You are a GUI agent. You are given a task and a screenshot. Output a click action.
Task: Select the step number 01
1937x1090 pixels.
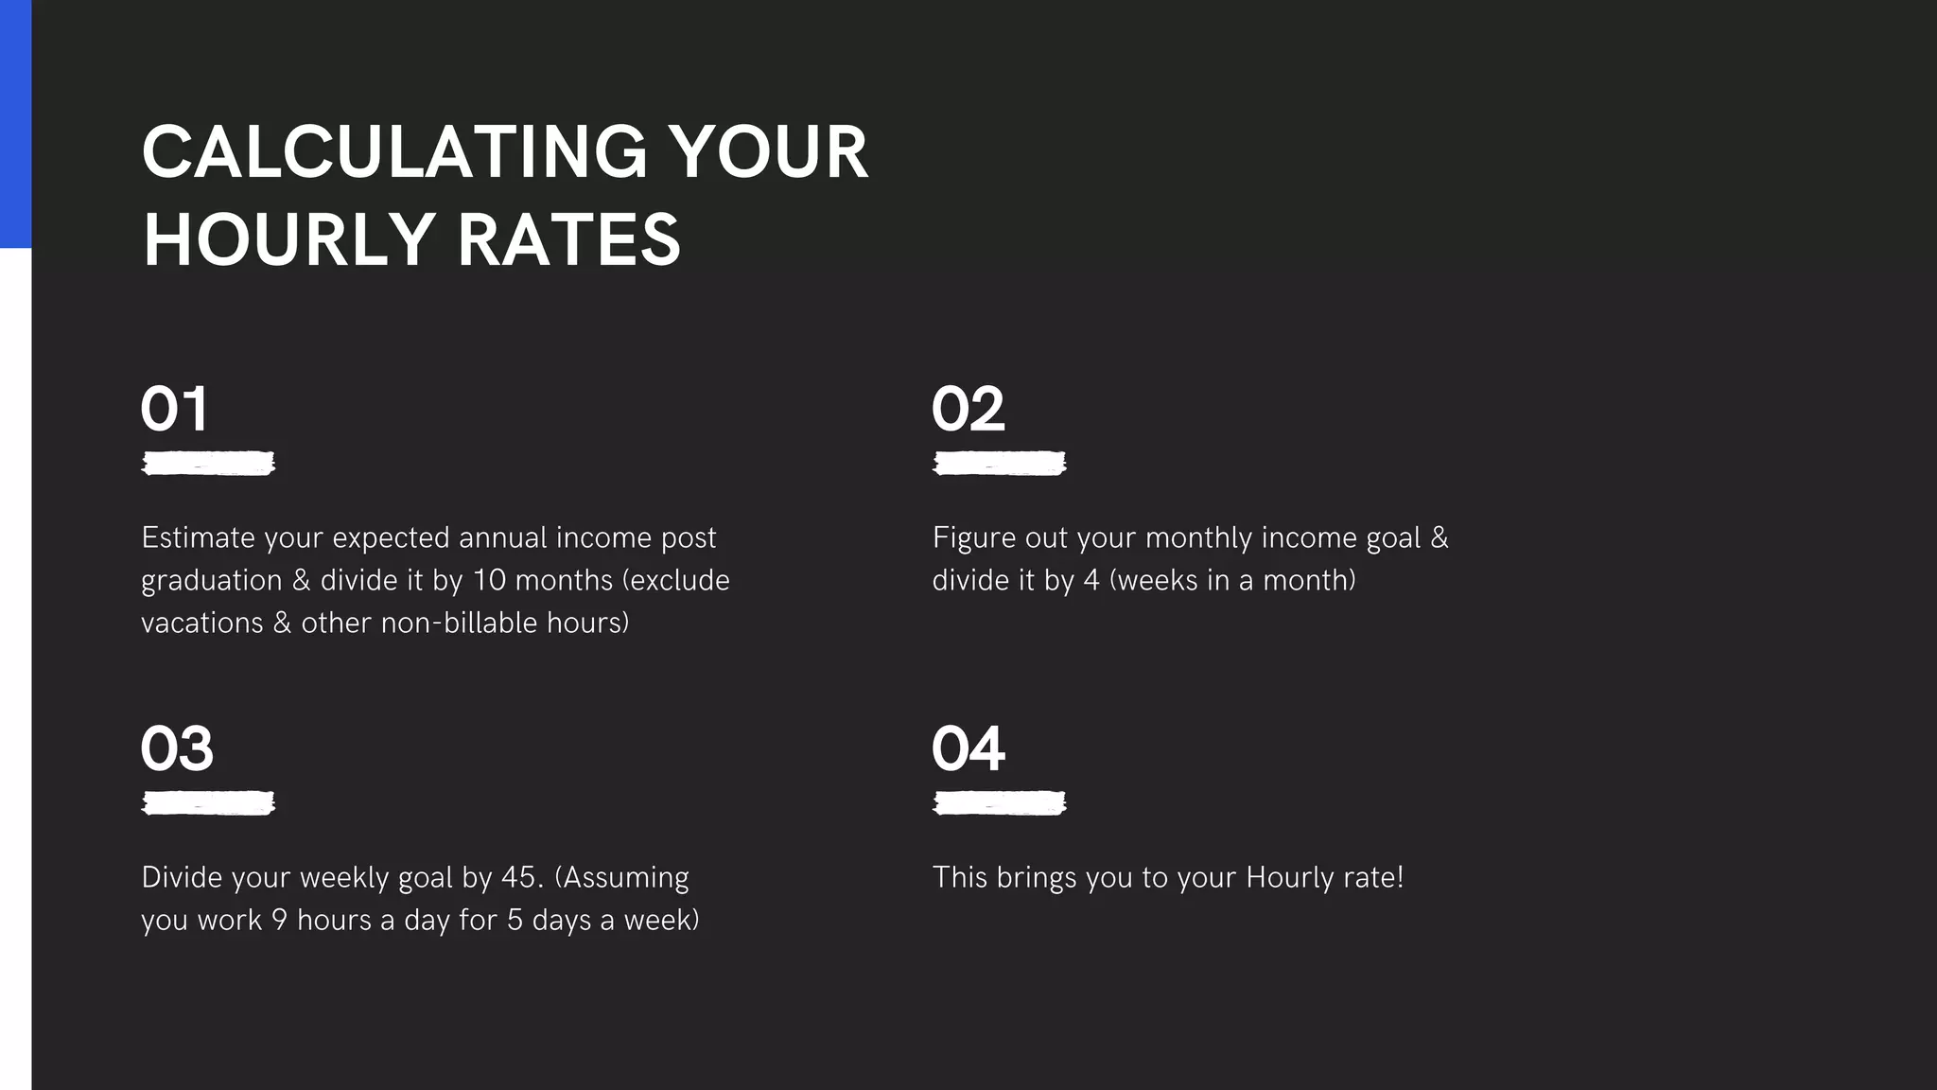coord(174,409)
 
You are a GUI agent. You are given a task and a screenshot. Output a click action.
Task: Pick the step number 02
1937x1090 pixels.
coord(968,409)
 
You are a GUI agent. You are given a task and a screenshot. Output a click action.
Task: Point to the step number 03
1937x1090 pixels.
coord(177,748)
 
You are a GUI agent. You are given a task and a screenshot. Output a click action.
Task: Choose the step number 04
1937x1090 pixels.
coord(968,748)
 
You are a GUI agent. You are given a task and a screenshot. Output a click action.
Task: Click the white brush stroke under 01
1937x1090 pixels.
coord(208,463)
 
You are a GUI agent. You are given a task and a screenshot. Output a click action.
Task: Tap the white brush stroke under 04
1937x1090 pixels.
coord(999,803)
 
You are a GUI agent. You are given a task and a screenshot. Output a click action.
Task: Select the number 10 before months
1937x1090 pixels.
coord(490,580)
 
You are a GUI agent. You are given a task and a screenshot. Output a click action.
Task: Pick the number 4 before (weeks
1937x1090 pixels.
coord(1091,580)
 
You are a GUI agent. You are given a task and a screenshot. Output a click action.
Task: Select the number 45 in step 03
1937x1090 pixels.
coord(518,877)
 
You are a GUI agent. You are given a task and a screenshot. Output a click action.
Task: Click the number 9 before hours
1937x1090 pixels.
coord(279,920)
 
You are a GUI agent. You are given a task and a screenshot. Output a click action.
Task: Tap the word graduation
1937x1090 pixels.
coord(211,580)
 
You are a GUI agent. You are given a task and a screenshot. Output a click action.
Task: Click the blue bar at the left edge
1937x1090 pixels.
coord(15,123)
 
